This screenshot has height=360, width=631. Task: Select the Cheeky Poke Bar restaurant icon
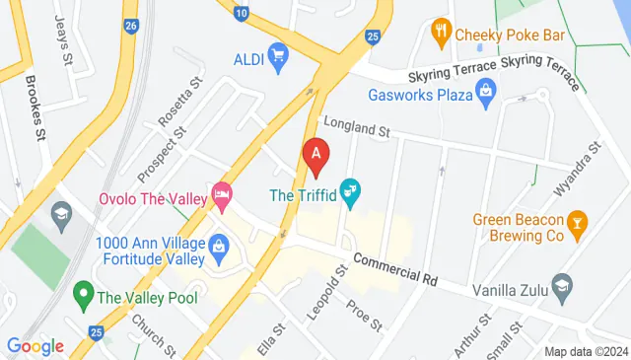[441, 36]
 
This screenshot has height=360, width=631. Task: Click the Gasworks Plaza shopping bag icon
[485, 95]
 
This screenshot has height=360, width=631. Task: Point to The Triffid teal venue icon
[349, 188]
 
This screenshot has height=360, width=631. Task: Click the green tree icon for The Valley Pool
[83, 294]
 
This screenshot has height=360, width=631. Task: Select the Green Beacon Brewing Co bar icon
[579, 225]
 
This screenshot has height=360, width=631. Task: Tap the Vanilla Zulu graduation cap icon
[561, 286]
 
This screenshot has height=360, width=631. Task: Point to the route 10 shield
[243, 13]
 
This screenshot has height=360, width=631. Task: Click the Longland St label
[357, 129]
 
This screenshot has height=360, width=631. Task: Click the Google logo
[35, 345]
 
